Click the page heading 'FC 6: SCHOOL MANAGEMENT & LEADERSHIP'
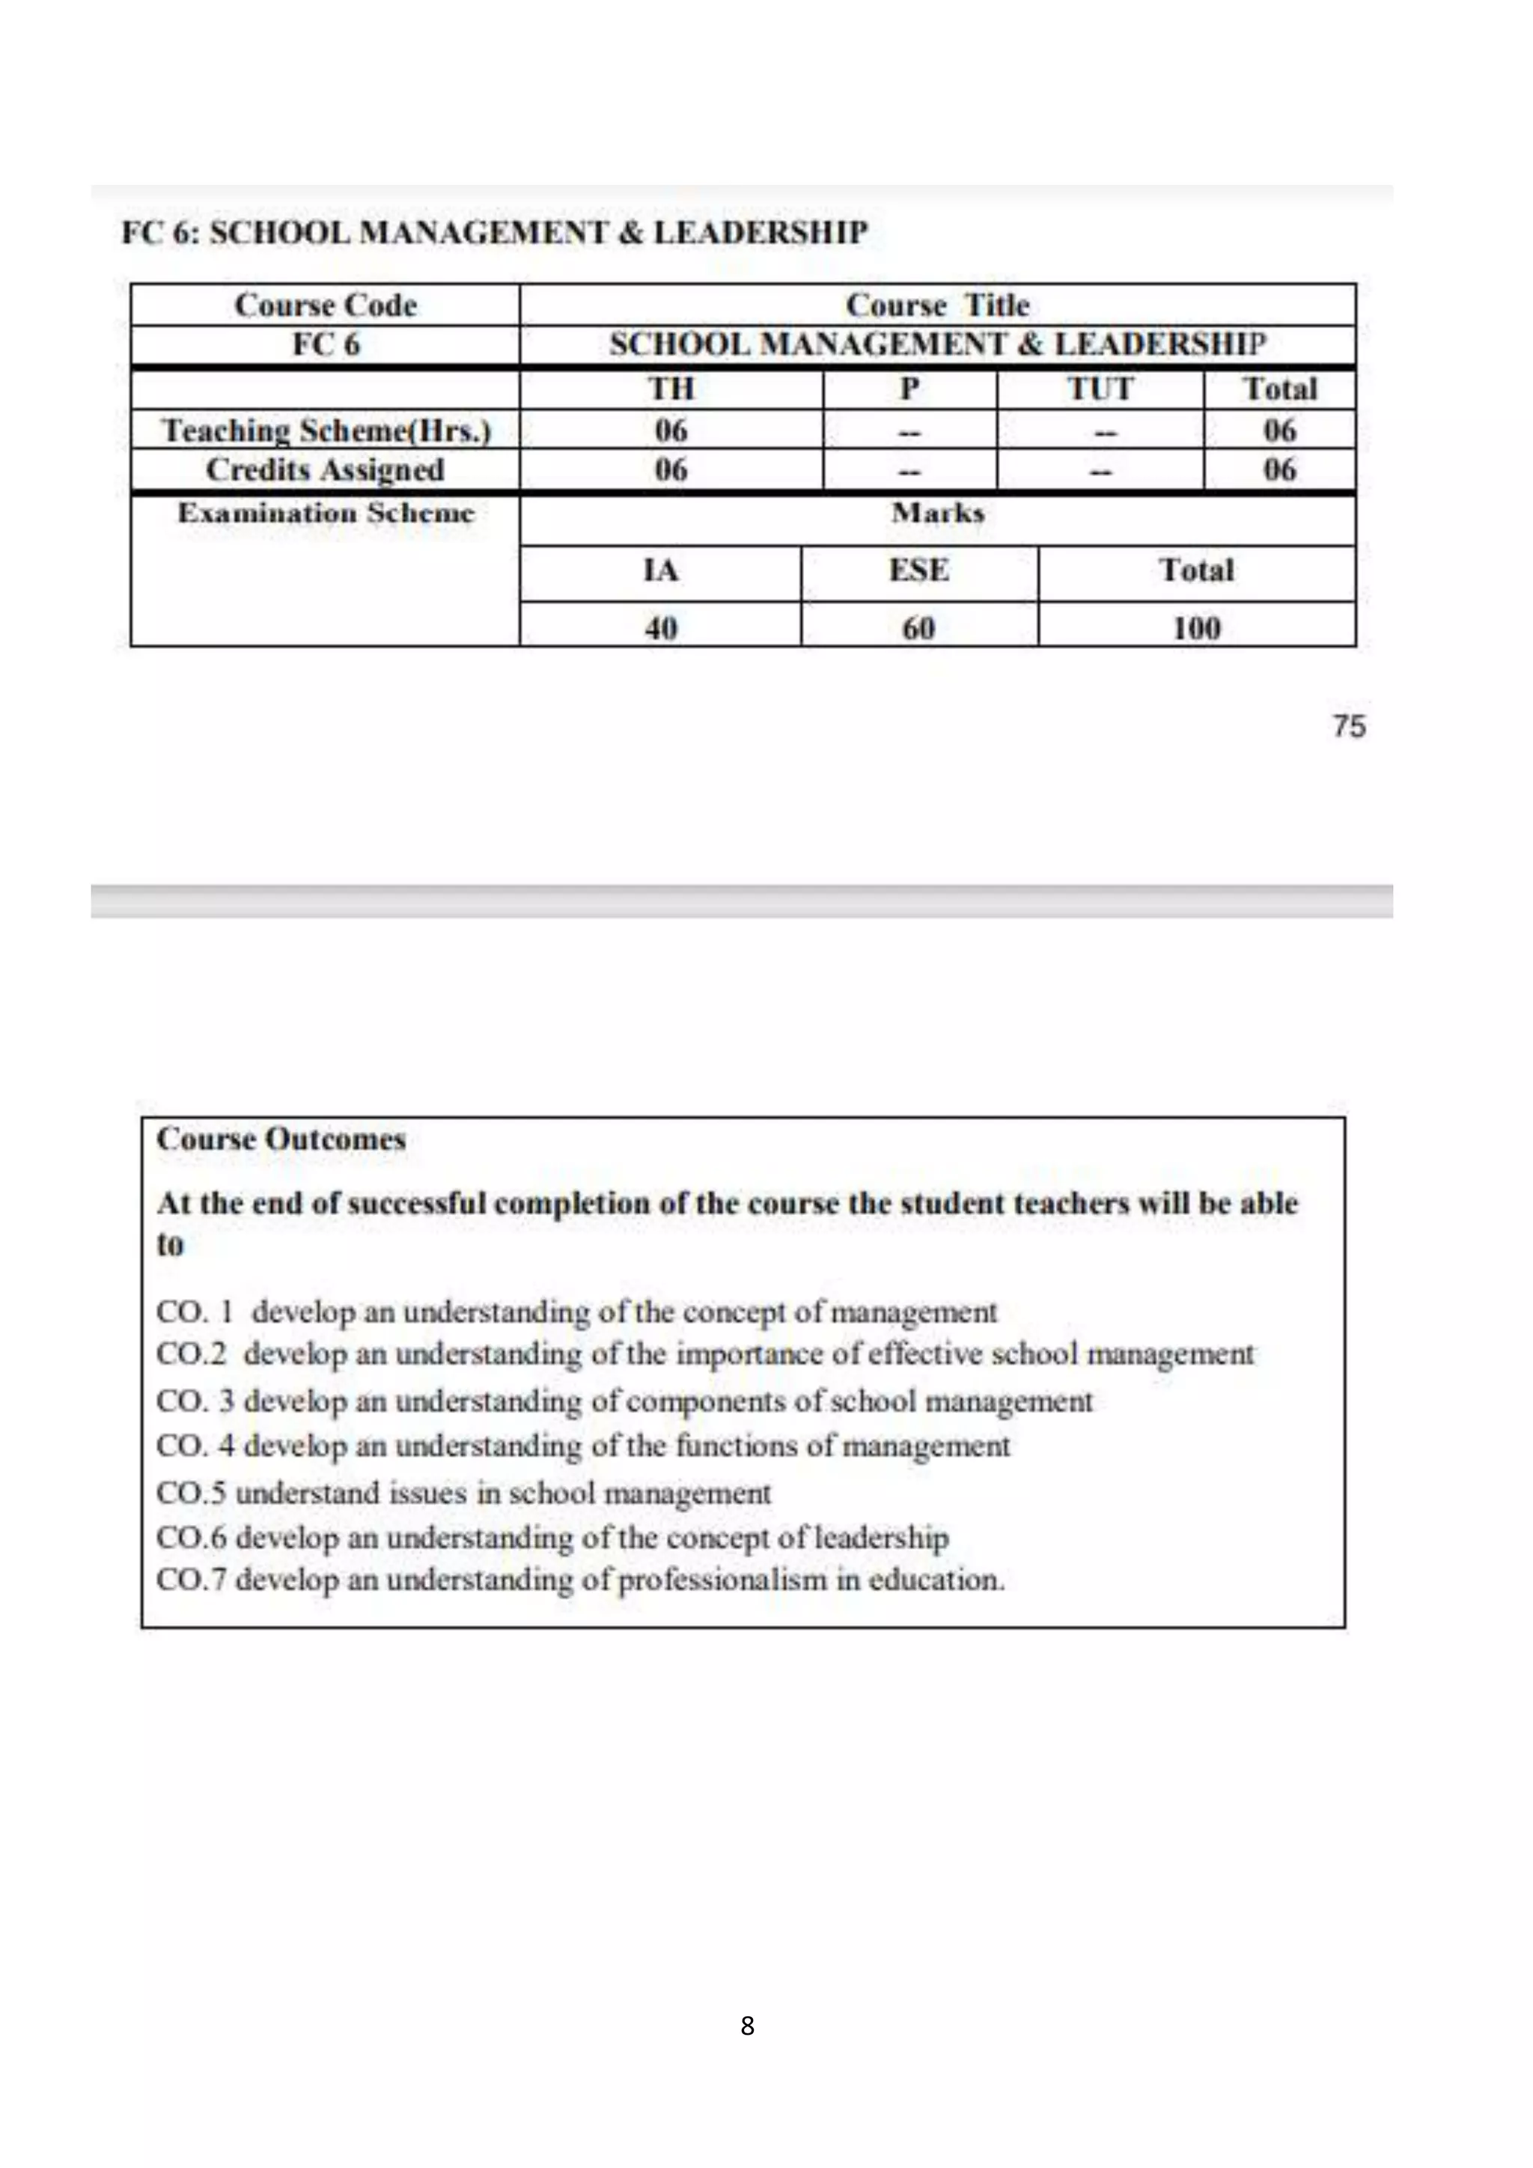pos(495,232)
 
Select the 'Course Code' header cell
pos(325,305)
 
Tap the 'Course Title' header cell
pos(937,305)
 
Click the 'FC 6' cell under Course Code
pos(325,344)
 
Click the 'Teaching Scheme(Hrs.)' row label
pos(326,430)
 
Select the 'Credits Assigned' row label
pos(325,469)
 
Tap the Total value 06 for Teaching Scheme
pos(1279,430)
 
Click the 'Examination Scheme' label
pos(326,513)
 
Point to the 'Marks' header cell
pos(937,513)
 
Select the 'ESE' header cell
pos(918,570)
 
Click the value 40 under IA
pos(659,628)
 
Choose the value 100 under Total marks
pos(1196,628)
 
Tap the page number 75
pos(1349,726)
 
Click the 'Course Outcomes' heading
pos(281,1139)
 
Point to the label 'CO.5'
pos(191,1493)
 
